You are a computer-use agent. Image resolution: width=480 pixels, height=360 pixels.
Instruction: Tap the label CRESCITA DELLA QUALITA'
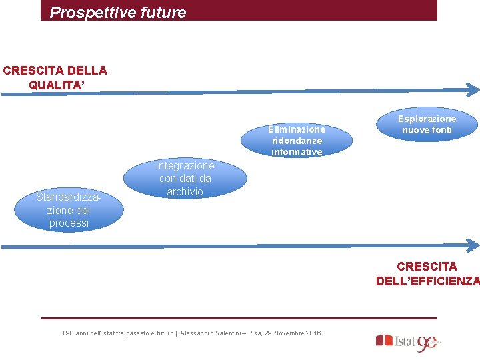tap(55, 77)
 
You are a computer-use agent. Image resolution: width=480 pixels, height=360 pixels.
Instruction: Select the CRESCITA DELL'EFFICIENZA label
tap(427, 273)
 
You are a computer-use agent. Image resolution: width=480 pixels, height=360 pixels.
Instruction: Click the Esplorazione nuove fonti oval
tap(427, 124)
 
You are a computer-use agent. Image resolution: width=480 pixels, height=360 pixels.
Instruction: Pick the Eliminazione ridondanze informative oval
tap(297, 140)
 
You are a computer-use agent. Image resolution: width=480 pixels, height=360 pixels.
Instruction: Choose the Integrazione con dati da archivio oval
tap(185, 179)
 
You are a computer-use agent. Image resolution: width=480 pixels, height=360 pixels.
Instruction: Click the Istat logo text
tap(405, 341)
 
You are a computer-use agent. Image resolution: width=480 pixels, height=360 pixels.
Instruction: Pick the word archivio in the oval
tap(185, 191)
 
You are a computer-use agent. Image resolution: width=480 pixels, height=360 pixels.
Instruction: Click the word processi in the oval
tap(68, 223)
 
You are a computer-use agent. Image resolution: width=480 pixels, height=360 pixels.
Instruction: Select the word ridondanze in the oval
tap(297, 141)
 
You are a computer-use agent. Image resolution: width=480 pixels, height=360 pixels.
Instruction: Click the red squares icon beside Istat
tap(384, 340)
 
